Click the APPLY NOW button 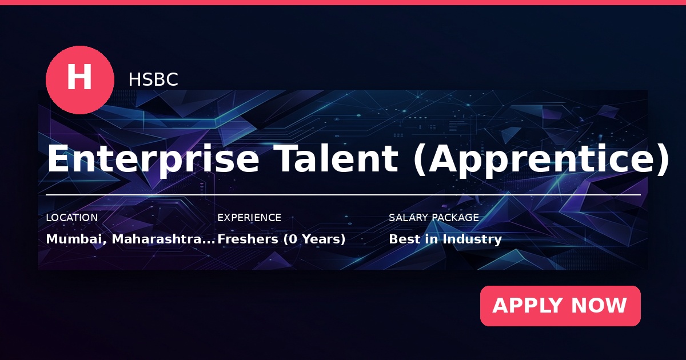tap(560, 306)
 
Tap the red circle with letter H tap(80, 80)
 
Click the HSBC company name tap(153, 79)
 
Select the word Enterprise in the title tap(153, 159)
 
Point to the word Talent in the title tap(336, 158)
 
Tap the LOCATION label tap(71, 218)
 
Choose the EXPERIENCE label tap(249, 218)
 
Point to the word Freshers tap(248, 239)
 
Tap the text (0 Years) tap(314, 239)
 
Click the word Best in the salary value tap(405, 239)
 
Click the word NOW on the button tap(599, 306)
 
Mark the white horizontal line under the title tap(344, 195)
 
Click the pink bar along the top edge tap(343, 2)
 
